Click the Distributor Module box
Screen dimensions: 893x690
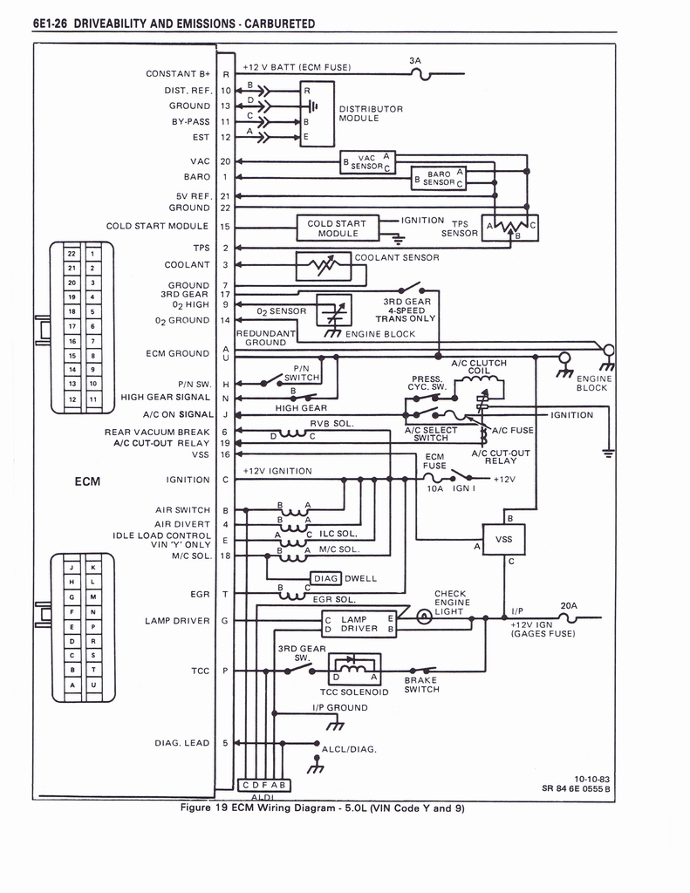317,113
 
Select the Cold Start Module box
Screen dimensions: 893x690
338,228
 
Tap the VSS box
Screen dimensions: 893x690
504,540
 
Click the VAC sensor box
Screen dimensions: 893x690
367,162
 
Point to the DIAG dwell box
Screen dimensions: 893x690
326,577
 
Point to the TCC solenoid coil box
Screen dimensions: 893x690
354,671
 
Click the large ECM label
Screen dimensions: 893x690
87,481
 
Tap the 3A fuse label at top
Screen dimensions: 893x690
415,60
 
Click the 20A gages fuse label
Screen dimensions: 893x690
569,605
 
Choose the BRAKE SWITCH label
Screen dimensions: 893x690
421,685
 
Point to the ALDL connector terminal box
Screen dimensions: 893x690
263,785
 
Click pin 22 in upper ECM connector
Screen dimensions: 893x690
71,254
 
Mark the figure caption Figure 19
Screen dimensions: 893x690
322,808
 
